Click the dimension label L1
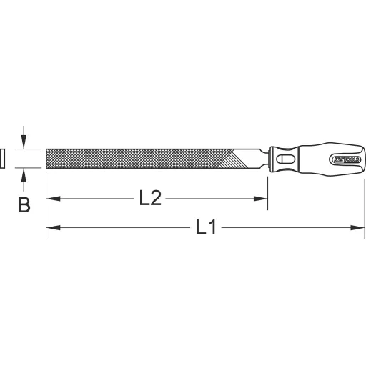[x=205, y=229]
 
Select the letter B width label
[x=24, y=206]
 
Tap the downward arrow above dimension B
[x=24, y=142]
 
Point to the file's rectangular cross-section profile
[x=3, y=158]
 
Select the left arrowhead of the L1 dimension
[x=51, y=229]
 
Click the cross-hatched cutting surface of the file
[x=136, y=158]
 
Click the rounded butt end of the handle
[x=361, y=158]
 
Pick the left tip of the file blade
[x=47, y=158]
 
